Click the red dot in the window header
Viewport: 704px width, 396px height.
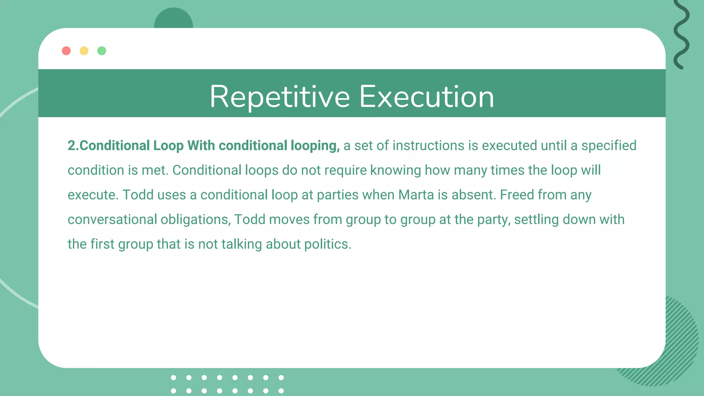coord(66,51)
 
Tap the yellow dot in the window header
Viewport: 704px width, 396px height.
coord(84,51)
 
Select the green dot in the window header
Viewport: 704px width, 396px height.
coord(102,51)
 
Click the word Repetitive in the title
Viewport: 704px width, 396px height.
coord(280,97)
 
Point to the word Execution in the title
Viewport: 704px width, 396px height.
coord(427,97)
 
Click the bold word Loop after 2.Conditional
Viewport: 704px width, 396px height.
coord(168,146)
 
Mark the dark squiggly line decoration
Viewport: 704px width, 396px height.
coord(681,34)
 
